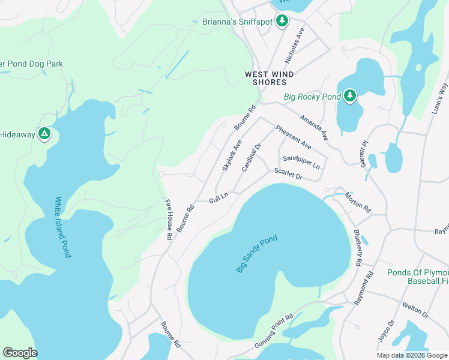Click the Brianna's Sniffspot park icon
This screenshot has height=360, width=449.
pos(282,22)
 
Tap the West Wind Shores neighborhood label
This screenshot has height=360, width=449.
pos(269,78)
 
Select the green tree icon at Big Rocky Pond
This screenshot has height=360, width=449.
pos(350,96)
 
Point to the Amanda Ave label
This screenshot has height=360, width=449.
pos(314,128)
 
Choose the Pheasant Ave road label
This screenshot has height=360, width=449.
pos(293,137)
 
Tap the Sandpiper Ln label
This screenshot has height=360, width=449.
pos(301,162)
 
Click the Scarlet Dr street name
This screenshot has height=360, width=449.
pos(288,175)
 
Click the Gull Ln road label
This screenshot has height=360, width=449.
pos(218,197)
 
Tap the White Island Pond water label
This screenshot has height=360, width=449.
pos(62,227)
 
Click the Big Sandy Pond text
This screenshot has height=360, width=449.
pos(257,254)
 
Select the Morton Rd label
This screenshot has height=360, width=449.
pos(358,203)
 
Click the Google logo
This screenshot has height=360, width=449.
pos(20,353)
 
